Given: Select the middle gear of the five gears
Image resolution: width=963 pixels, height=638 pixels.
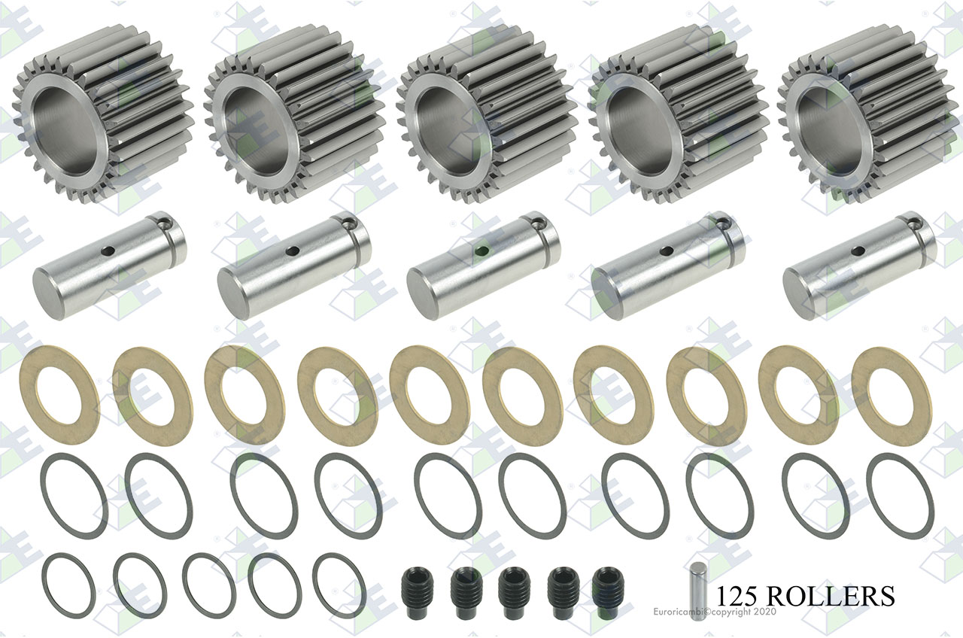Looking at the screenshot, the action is (487, 114).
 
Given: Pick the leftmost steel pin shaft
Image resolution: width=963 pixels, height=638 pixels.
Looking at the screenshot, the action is (110, 266).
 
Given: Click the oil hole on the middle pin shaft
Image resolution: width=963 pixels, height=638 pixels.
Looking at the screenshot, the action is (482, 251).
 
